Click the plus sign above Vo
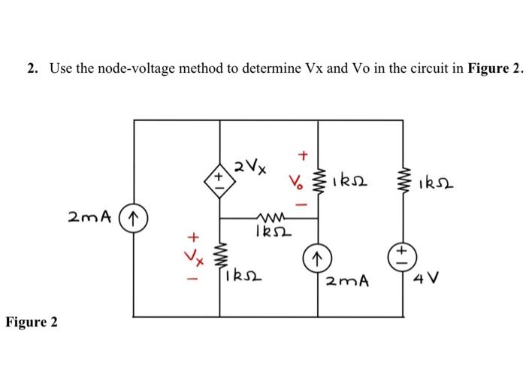click(x=303, y=156)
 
